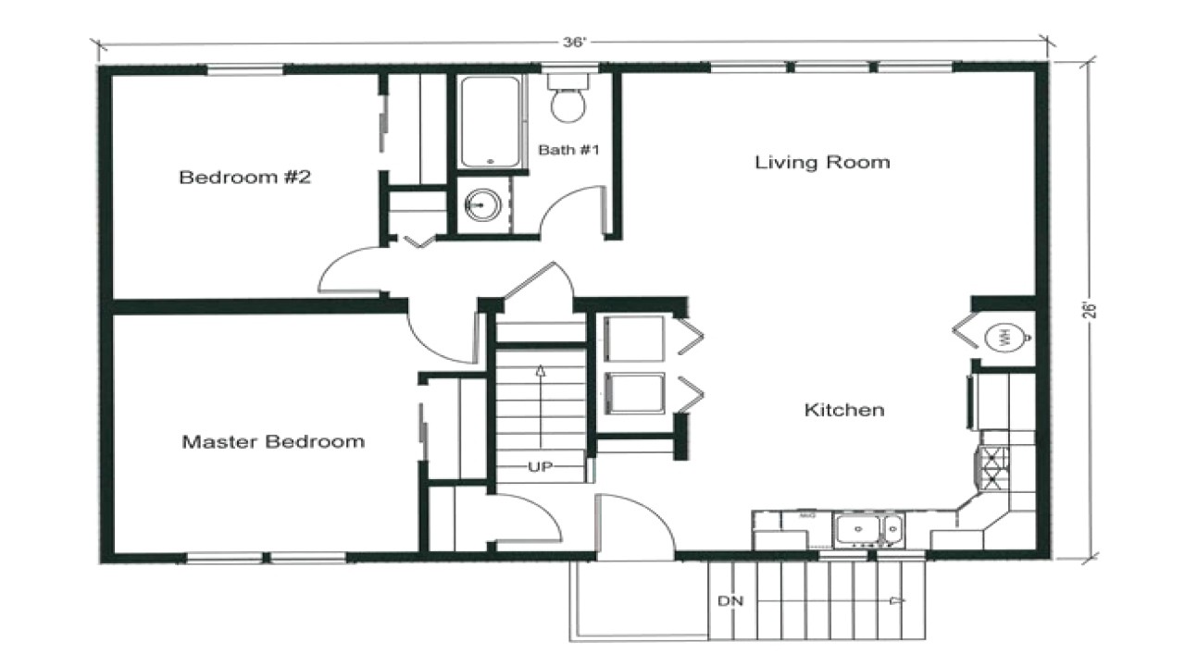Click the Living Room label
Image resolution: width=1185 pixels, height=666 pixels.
click(822, 162)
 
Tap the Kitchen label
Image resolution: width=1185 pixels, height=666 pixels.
click(844, 410)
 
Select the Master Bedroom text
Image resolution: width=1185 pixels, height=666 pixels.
click(273, 441)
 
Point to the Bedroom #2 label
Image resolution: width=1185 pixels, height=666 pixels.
click(245, 177)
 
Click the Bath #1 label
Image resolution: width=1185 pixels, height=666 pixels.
click(568, 150)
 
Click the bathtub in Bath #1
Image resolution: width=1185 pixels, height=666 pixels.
click(490, 122)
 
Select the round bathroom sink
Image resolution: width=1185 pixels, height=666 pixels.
click(482, 204)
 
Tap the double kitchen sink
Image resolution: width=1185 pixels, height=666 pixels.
click(868, 529)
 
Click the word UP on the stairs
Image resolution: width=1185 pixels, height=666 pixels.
click(540, 467)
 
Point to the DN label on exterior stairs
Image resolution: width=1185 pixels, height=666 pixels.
click(730, 601)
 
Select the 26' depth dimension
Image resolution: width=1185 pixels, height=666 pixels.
click(1090, 310)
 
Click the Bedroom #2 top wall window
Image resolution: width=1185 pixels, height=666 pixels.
click(244, 69)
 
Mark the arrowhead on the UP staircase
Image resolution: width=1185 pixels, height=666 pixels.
click(541, 371)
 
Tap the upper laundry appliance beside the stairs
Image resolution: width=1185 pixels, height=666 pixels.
click(634, 339)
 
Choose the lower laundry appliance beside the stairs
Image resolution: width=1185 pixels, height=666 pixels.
click(634, 393)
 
